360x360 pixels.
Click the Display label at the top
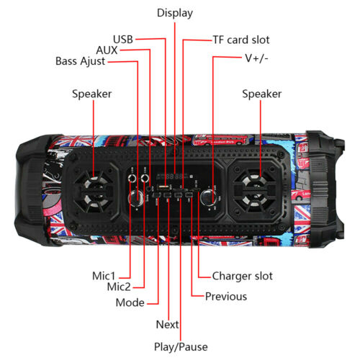point(175,13)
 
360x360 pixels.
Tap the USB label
point(123,40)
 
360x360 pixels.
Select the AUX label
point(107,50)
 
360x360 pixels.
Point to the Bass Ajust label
point(80,61)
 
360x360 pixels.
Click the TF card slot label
point(241,40)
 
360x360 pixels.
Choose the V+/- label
point(256,58)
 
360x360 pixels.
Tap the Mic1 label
point(104,276)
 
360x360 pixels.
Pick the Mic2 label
point(119,287)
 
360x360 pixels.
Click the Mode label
point(130,302)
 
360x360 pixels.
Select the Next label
point(167,325)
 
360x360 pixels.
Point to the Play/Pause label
point(181,347)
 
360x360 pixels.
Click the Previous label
point(226,297)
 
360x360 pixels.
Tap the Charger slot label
point(243,276)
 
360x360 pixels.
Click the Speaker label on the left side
point(92,94)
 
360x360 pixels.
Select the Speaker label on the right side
point(262,94)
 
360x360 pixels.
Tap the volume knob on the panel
point(208,197)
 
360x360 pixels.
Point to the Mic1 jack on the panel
point(132,179)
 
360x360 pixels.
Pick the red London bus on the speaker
point(220,140)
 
